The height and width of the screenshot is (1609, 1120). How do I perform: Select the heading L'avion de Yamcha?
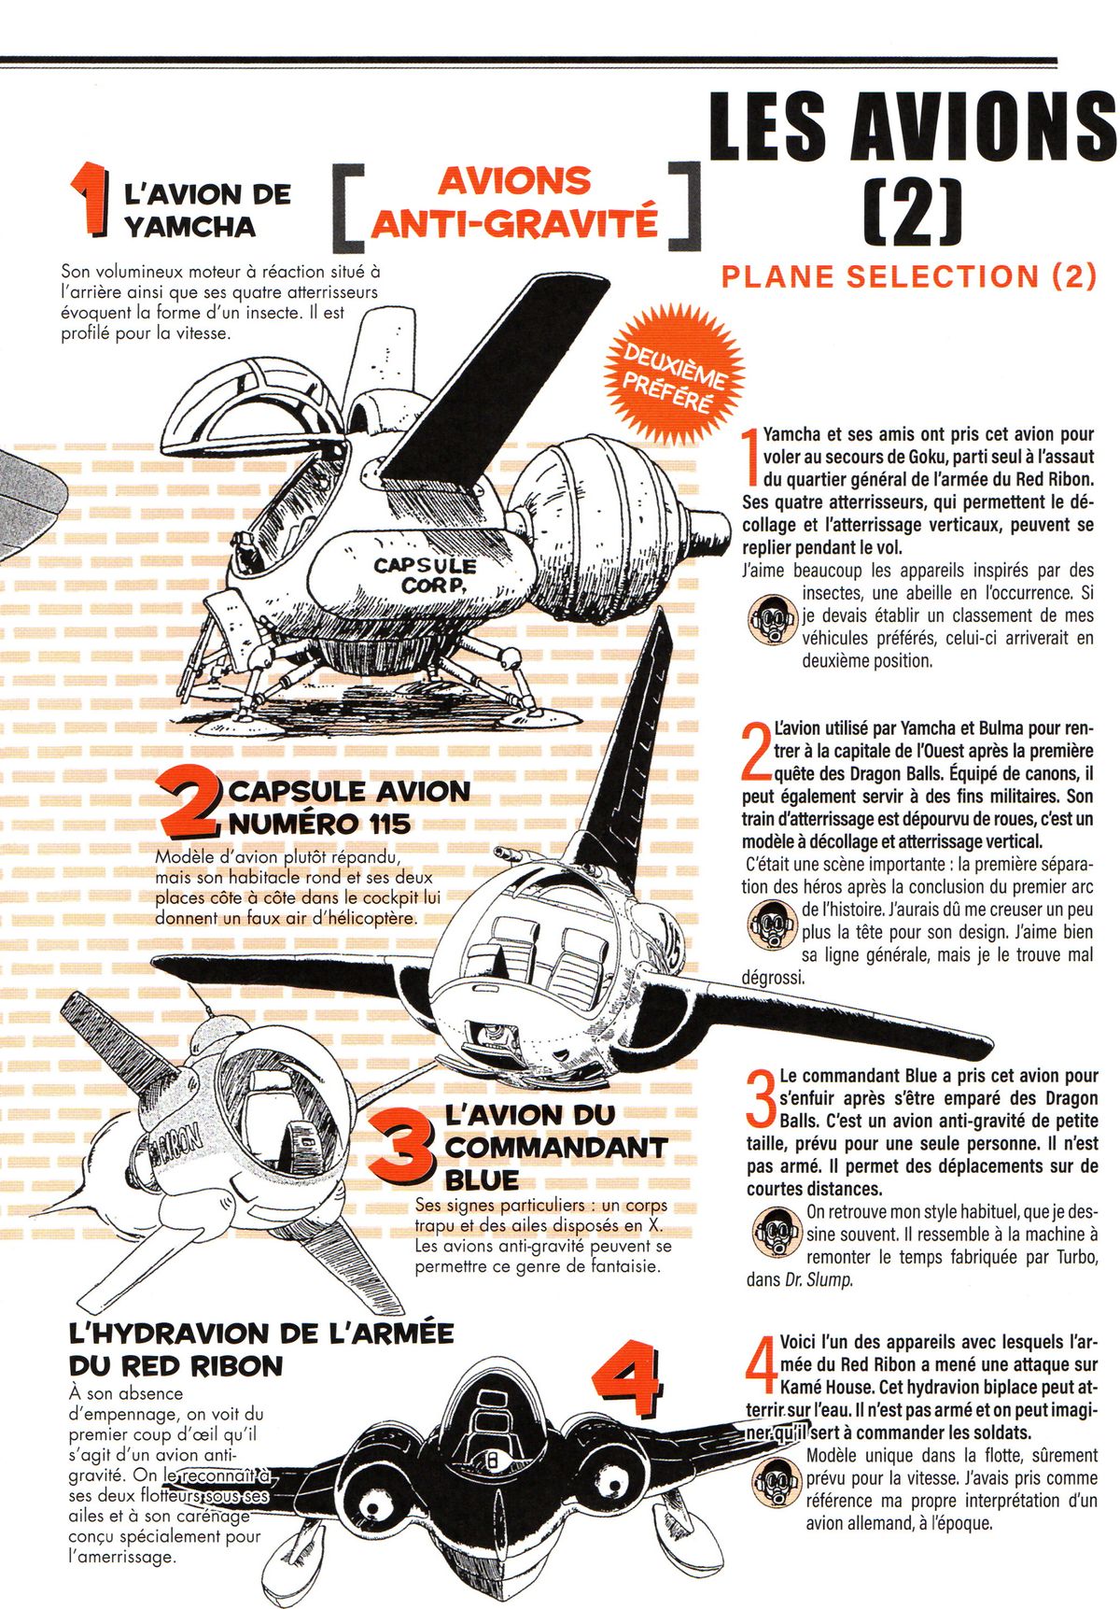[206, 210]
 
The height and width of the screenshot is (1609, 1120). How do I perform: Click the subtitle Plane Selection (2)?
[909, 276]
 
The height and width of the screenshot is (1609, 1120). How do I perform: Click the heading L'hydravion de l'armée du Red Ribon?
[260, 1348]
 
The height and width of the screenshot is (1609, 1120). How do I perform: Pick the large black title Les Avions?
[912, 127]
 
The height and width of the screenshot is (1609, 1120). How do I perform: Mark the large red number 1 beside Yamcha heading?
[91, 197]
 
